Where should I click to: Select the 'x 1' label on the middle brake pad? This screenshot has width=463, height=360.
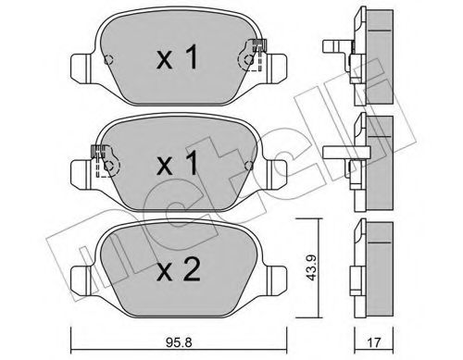click(x=175, y=166)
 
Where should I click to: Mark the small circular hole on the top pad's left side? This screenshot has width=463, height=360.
click(x=108, y=62)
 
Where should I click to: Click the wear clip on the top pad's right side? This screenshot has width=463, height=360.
click(x=254, y=57)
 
